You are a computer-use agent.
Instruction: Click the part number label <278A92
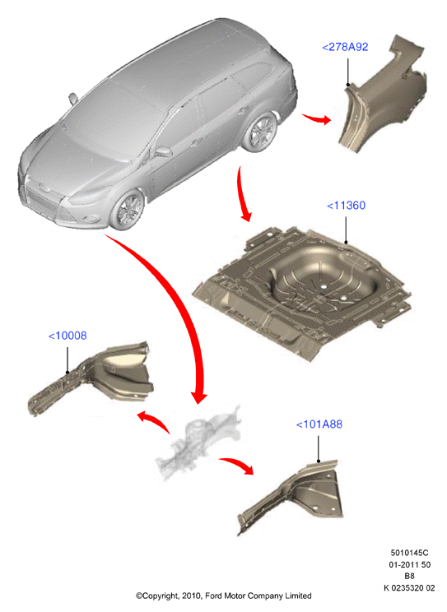pyautogui.click(x=345, y=47)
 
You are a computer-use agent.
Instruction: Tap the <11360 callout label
pyautogui.click(x=346, y=206)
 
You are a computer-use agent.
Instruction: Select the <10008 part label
pyautogui.click(x=68, y=336)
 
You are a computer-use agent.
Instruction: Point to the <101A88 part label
pyautogui.click(x=319, y=424)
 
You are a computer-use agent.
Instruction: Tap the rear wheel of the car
pyautogui.click(x=261, y=132)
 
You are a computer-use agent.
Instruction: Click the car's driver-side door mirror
pyautogui.click(x=164, y=151)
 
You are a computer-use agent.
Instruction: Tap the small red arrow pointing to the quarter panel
pyautogui.click(x=316, y=118)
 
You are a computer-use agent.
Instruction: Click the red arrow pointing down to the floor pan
pyautogui.click(x=242, y=195)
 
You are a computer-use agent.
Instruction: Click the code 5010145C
pyautogui.click(x=409, y=553)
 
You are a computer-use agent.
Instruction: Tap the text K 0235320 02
pyautogui.click(x=409, y=588)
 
